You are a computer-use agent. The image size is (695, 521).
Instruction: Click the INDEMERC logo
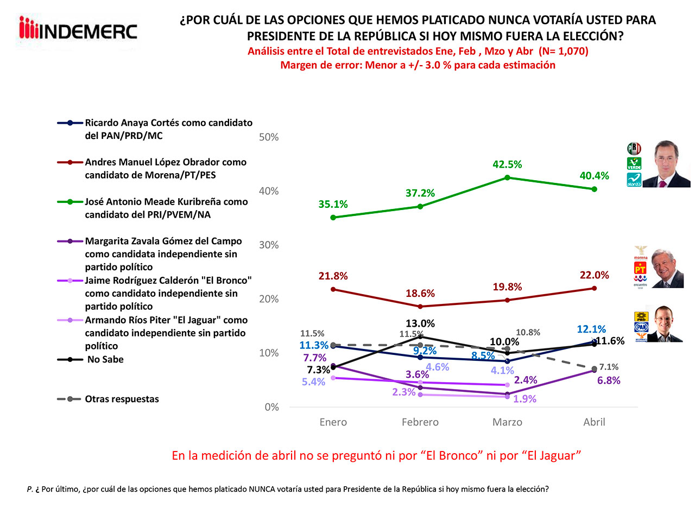point(78,30)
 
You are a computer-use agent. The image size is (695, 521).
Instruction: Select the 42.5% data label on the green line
point(507,164)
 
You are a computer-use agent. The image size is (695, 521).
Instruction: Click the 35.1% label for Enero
point(333,205)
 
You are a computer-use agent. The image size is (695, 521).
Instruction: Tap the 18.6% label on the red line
point(420,294)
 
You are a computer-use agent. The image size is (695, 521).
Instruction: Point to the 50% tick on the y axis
point(269,137)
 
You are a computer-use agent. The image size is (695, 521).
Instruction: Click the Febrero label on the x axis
point(420,422)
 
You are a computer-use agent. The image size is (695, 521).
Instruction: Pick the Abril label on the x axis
point(594,422)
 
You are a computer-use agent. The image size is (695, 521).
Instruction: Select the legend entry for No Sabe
point(105,359)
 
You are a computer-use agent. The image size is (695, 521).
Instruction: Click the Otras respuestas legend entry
point(122,399)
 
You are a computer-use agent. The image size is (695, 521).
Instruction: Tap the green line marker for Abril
point(594,189)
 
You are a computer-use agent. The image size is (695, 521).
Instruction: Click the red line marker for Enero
point(333,289)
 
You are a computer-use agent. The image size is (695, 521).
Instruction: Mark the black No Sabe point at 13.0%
point(420,337)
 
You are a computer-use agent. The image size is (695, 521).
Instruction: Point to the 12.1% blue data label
point(591,329)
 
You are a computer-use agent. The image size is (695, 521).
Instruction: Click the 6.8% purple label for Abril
point(609,380)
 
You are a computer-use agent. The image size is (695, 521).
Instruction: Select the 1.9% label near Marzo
point(525,399)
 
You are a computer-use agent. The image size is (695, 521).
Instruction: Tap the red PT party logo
point(640,269)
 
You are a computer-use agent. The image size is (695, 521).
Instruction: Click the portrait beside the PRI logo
point(672,164)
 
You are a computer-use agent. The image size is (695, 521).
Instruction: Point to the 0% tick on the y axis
point(271,407)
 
